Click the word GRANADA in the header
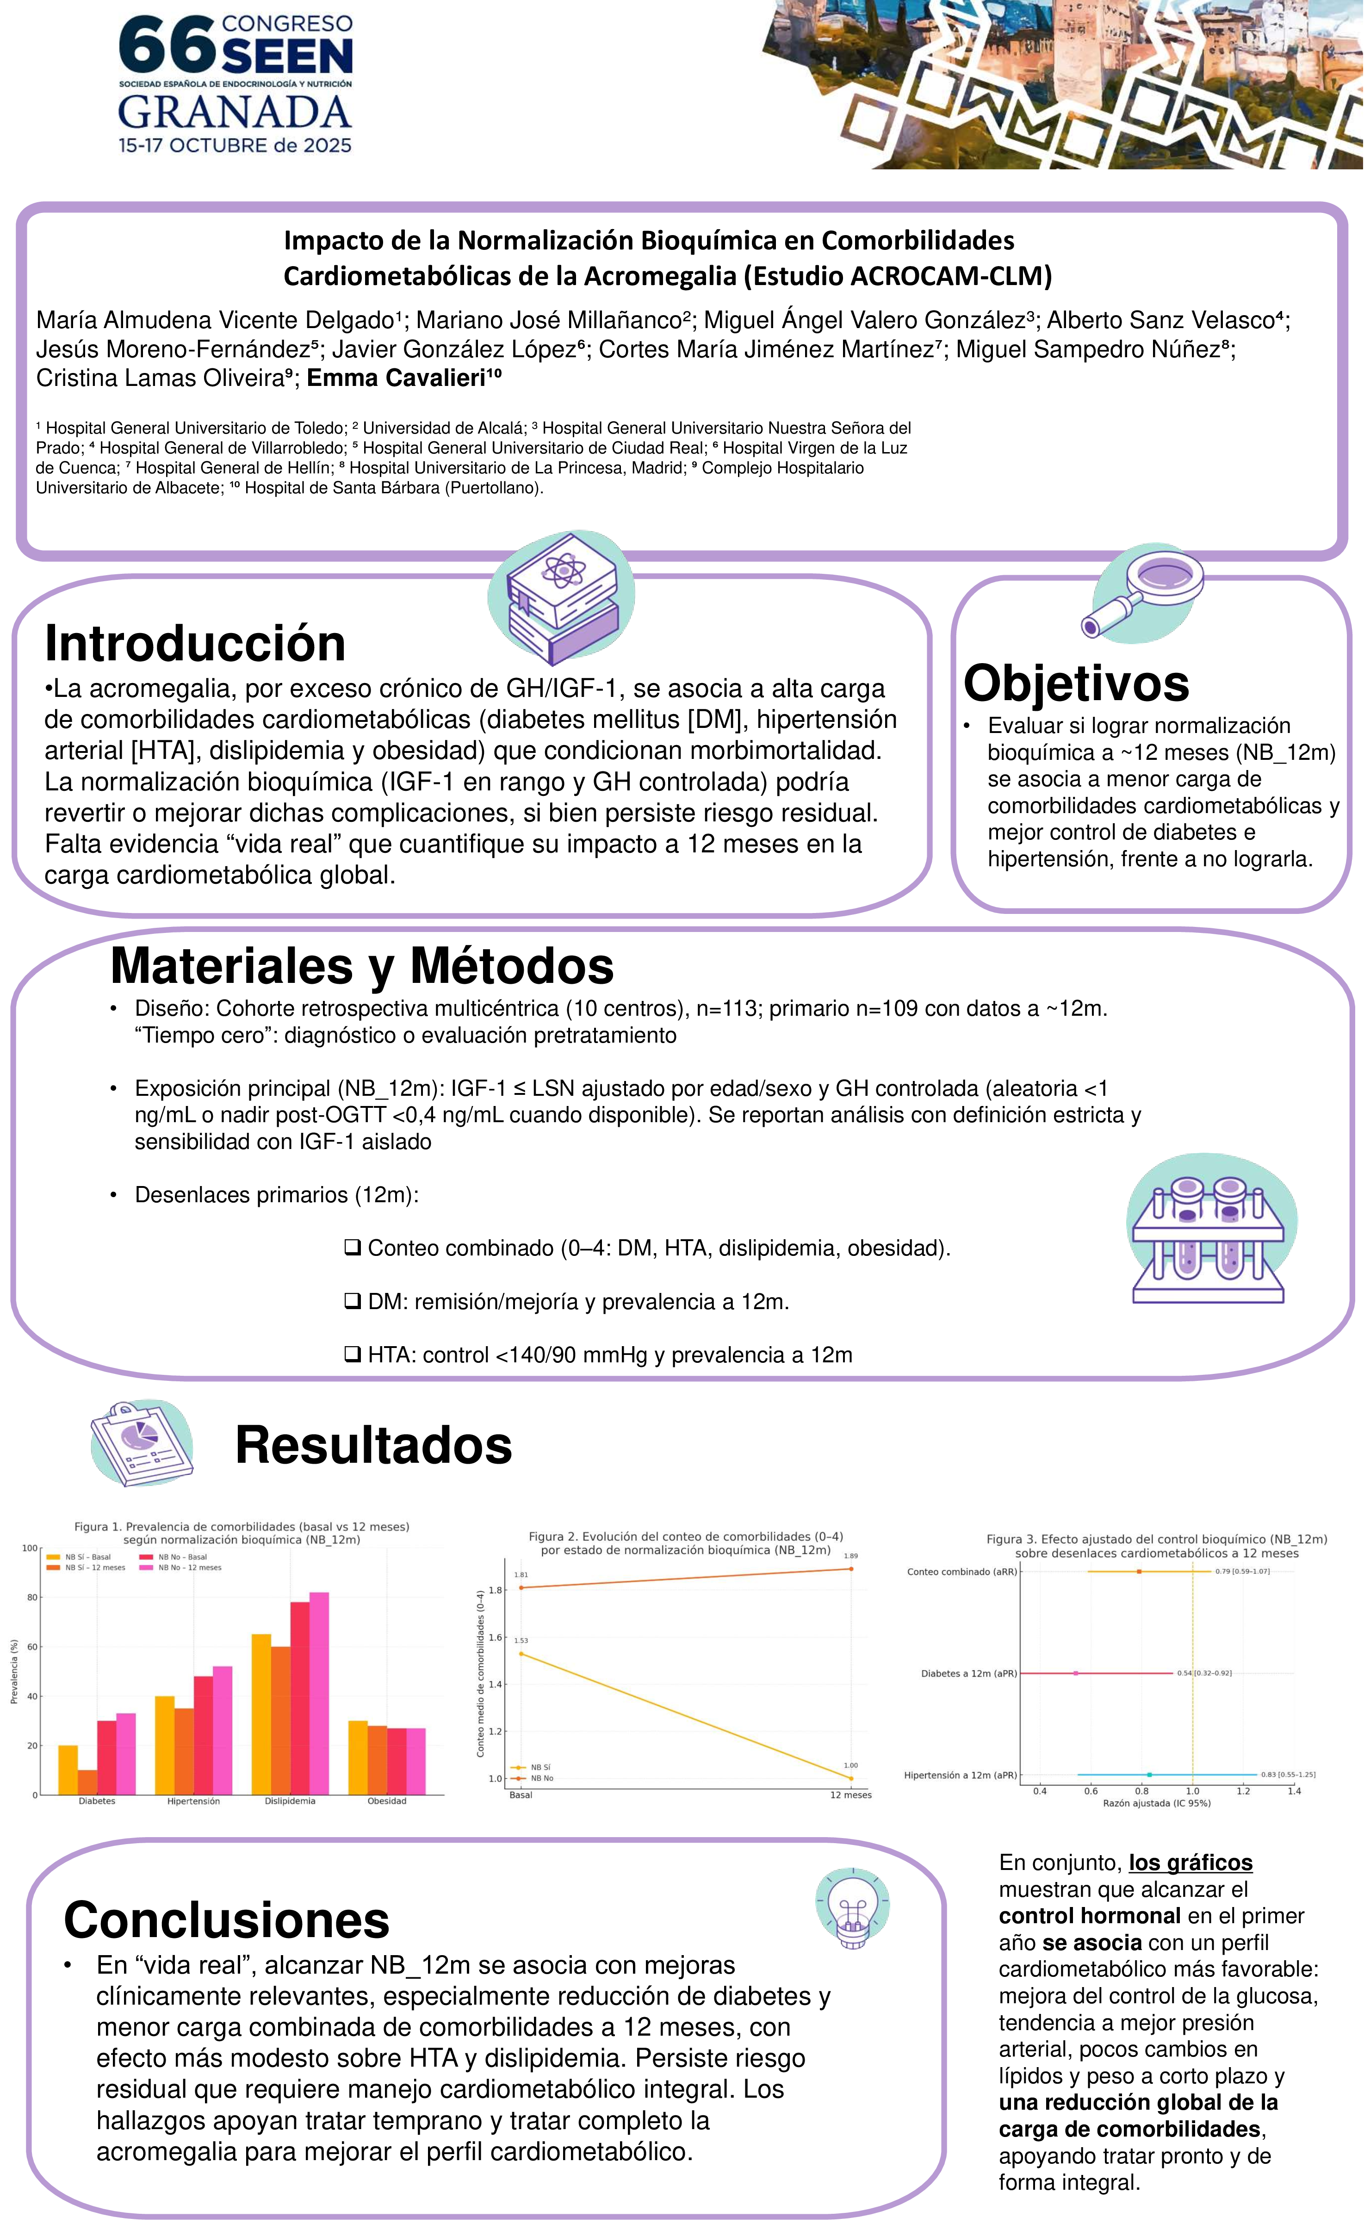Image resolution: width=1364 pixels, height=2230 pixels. tap(235, 112)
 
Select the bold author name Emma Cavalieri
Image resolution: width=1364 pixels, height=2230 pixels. tap(403, 379)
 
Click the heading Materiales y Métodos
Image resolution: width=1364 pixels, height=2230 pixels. tap(362, 966)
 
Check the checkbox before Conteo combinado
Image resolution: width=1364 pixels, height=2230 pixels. tap(353, 1248)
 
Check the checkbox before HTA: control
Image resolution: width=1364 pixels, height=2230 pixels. tap(353, 1355)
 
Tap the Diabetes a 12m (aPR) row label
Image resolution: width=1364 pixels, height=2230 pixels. tap(968, 1673)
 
